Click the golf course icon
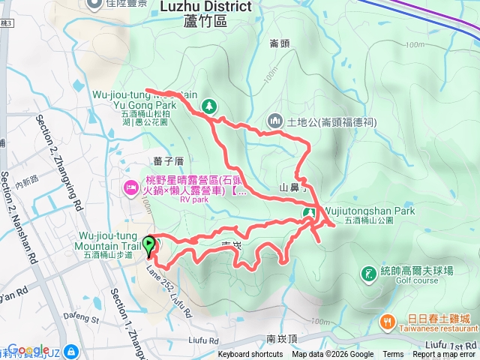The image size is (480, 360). (x=368, y=274)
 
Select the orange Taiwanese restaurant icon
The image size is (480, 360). (x=388, y=320)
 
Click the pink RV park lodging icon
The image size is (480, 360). (x=128, y=186)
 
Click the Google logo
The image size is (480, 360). (x=28, y=350)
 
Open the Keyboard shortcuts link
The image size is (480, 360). (x=250, y=355)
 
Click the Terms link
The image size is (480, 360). (x=393, y=355)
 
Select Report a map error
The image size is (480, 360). (x=444, y=355)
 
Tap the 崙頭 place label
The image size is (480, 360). (x=279, y=43)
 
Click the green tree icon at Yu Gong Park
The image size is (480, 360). (x=210, y=105)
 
